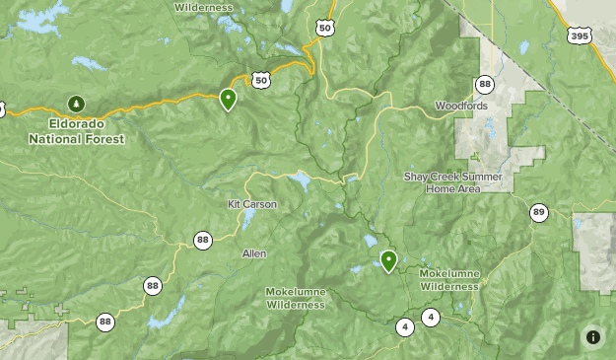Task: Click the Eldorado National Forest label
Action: (x=76, y=132)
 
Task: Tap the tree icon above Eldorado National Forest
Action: (x=76, y=103)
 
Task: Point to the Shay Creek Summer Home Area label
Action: (x=453, y=182)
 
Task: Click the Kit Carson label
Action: (x=252, y=204)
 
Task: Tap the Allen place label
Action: (x=254, y=253)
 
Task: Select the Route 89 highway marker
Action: (x=538, y=212)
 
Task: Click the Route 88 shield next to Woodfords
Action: (x=484, y=85)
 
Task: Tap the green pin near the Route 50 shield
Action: (x=228, y=99)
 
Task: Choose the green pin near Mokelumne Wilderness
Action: (x=388, y=259)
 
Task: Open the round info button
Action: (x=593, y=337)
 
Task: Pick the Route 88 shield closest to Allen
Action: (x=203, y=240)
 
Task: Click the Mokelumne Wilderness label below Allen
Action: (x=295, y=298)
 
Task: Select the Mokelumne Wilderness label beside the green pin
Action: (x=449, y=279)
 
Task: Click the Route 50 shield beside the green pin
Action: (x=260, y=80)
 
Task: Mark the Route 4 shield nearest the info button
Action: (x=431, y=317)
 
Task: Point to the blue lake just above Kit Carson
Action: (x=298, y=181)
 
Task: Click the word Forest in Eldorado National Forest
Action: (x=105, y=139)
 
